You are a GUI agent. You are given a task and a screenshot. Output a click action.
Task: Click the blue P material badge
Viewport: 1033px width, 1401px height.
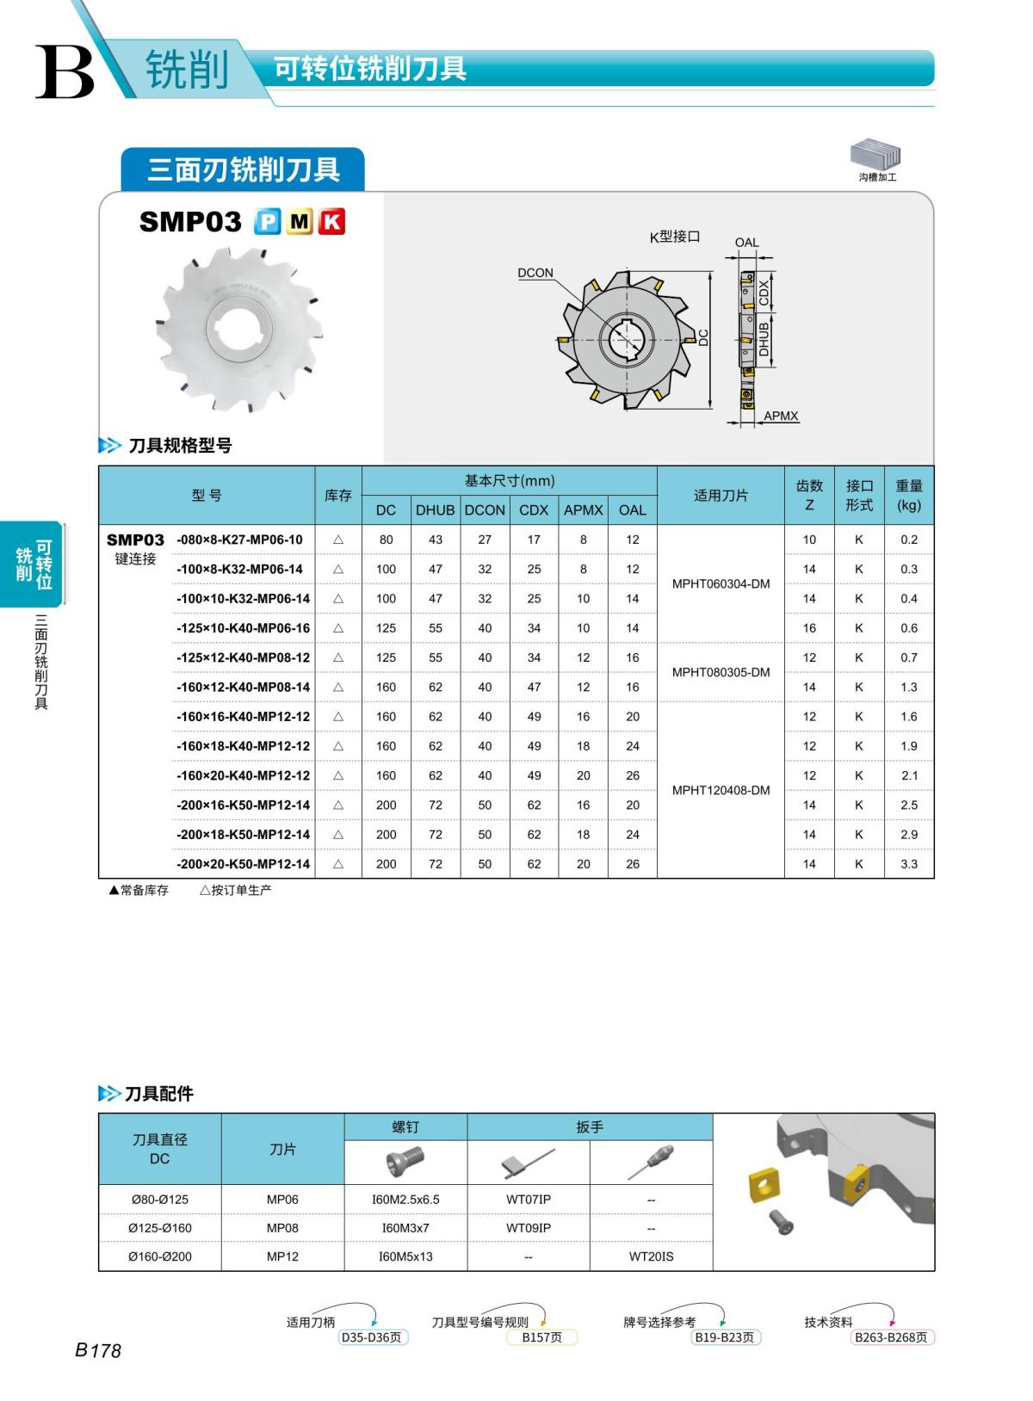(x=268, y=222)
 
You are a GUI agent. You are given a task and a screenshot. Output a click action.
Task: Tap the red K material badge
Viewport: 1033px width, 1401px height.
(x=331, y=222)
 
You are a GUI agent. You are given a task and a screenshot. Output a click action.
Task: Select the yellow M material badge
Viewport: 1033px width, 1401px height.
(x=300, y=222)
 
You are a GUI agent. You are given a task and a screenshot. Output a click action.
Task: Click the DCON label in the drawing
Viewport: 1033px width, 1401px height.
(x=535, y=273)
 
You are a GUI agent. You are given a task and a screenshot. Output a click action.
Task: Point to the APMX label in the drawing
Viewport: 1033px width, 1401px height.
(x=781, y=416)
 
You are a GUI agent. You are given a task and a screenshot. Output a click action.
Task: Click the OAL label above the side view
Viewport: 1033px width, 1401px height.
(x=746, y=243)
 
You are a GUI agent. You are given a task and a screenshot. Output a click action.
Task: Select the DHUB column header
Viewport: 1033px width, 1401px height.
(x=435, y=509)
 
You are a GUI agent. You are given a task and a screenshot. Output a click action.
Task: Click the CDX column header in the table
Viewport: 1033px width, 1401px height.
(x=534, y=509)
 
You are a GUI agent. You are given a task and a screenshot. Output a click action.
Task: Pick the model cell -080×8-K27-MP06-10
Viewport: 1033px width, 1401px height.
(x=239, y=540)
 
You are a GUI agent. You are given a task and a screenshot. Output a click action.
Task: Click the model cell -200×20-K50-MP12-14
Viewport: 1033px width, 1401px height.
(x=243, y=864)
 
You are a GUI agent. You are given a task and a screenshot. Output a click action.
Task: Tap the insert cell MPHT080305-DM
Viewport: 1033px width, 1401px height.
(x=721, y=672)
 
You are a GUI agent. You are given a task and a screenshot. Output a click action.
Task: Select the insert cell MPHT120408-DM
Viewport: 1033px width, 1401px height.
(x=721, y=790)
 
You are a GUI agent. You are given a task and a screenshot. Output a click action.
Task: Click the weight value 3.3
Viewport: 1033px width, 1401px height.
(x=909, y=864)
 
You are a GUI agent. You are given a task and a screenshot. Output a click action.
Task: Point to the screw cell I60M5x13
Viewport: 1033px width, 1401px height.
(x=405, y=1256)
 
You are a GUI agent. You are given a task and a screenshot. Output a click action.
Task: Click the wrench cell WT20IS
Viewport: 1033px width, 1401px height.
(x=651, y=1256)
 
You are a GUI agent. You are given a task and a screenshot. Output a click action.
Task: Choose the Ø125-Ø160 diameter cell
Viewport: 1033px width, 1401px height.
(x=160, y=1228)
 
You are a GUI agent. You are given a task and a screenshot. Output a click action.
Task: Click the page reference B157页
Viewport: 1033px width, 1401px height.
(x=541, y=1337)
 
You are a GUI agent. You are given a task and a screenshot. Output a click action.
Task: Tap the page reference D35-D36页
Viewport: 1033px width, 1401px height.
(x=371, y=1337)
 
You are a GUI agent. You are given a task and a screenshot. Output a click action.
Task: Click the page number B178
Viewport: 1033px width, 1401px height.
(x=98, y=1350)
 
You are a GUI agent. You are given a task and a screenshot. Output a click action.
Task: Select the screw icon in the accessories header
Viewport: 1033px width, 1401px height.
(x=405, y=1162)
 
